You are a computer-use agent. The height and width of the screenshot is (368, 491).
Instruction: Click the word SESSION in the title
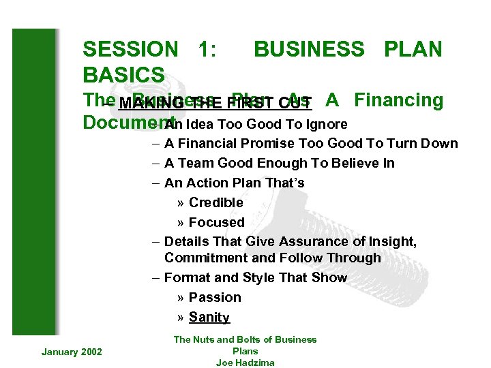[x=130, y=49]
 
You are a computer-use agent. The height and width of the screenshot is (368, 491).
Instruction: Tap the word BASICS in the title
[x=123, y=74]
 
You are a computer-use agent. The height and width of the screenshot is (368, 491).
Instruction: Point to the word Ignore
[x=325, y=124]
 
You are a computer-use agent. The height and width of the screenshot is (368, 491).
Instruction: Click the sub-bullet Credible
[x=215, y=203]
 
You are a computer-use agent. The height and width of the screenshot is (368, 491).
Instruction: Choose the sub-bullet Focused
[x=216, y=223]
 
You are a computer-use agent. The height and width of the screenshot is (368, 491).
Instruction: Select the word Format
[x=186, y=278]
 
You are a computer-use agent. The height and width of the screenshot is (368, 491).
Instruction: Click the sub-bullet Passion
[x=215, y=298]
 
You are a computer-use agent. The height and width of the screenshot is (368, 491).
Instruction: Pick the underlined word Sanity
[x=209, y=318]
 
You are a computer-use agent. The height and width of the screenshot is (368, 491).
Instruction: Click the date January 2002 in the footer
[x=72, y=352]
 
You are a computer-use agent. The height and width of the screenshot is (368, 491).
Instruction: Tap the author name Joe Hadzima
[x=245, y=363]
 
